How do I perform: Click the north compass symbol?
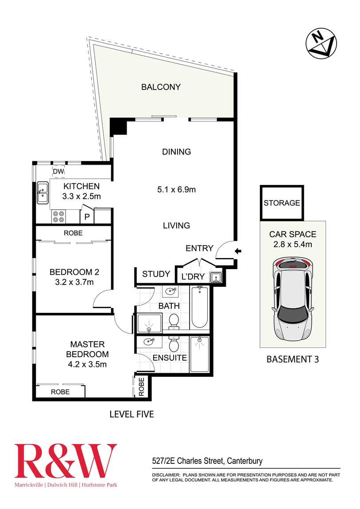321,43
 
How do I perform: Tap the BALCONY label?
161,87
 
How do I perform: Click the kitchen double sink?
43,193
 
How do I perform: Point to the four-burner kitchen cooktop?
58,217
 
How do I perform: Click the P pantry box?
87,217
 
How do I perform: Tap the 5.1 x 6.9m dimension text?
176,189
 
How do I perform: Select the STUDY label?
155,274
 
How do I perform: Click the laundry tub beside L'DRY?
215,278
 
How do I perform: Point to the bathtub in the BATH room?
200,307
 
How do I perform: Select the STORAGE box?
282,203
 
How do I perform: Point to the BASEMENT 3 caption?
292,359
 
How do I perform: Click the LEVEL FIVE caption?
132,414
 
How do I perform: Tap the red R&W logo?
66,461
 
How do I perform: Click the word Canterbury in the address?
244,461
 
